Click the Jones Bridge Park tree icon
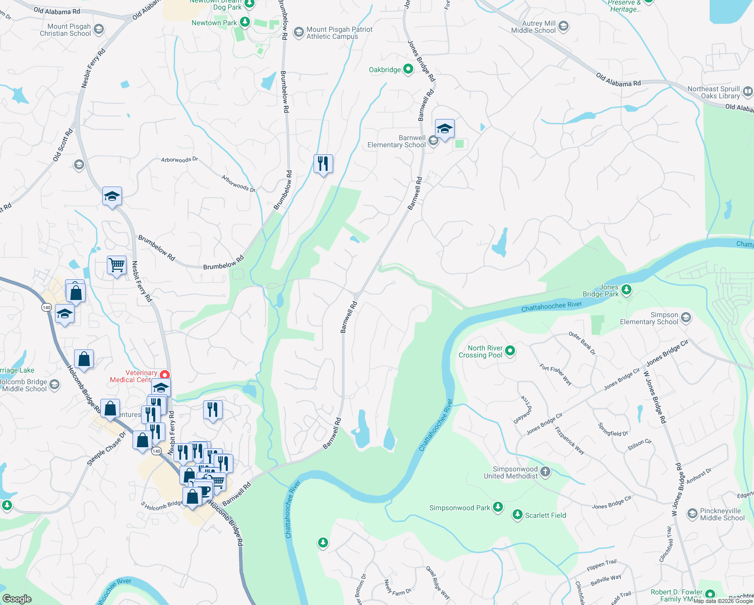coord(626,289)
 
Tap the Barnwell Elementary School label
coord(397,141)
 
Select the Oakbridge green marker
coord(408,70)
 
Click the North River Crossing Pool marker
coord(510,350)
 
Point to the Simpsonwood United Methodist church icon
coord(545,472)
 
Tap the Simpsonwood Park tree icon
coord(498,507)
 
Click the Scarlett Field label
coord(545,515)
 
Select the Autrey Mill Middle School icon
coord(563,26)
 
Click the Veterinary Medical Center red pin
coord(165,375)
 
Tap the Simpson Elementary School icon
coord(685,318)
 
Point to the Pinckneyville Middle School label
coord(722,514)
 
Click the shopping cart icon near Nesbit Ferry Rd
coord(116,265)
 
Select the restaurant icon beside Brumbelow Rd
coord(323,164)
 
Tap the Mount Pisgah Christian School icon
coord(99,29)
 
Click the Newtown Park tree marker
coord(245,22)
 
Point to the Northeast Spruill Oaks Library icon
coord(748,92)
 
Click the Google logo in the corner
coord(17,598)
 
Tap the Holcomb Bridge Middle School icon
coord(54,385)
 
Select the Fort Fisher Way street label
coord(555,375)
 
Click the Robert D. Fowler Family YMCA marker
coord(710,594)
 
